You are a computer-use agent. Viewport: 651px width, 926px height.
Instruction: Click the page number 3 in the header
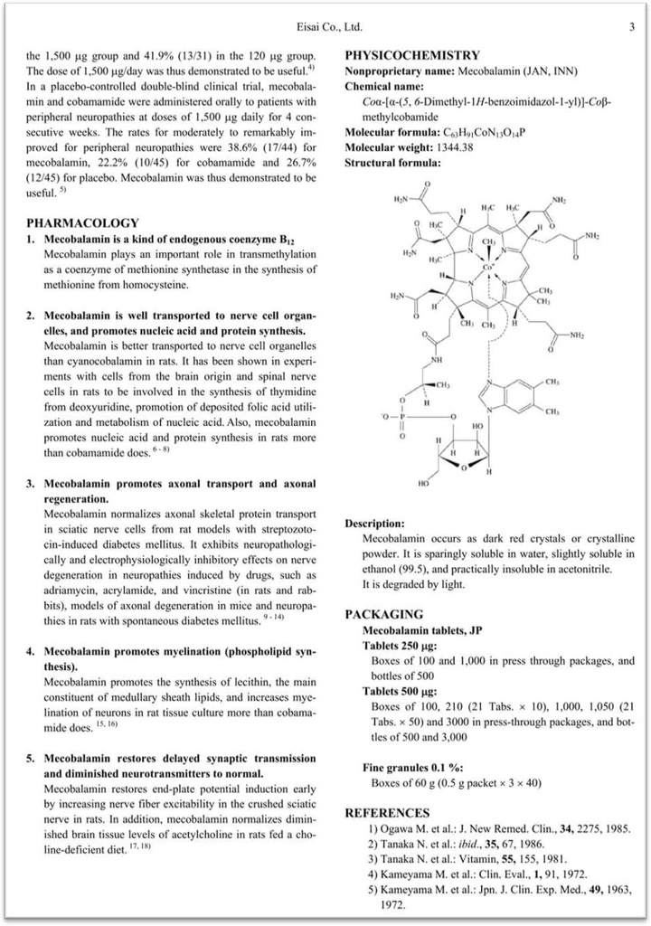[x=631, y=27]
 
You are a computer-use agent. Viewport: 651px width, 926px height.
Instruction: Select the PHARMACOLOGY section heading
[x=83, y=222]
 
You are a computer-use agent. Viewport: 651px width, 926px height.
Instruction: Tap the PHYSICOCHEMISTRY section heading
[x=412, y=55]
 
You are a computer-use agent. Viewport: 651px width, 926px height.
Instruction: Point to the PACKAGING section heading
[x=384, y=614]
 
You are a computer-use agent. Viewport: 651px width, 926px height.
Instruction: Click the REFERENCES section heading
[x=390, y=812]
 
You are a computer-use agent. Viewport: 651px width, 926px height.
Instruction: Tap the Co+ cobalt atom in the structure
[x=488, y=268]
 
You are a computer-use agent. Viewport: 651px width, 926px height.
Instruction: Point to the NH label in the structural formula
[x=438, y=359]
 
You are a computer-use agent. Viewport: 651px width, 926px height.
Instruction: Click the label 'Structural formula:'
[x=393, y=163]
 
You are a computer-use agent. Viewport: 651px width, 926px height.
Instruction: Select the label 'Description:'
[x=374, y=523]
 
